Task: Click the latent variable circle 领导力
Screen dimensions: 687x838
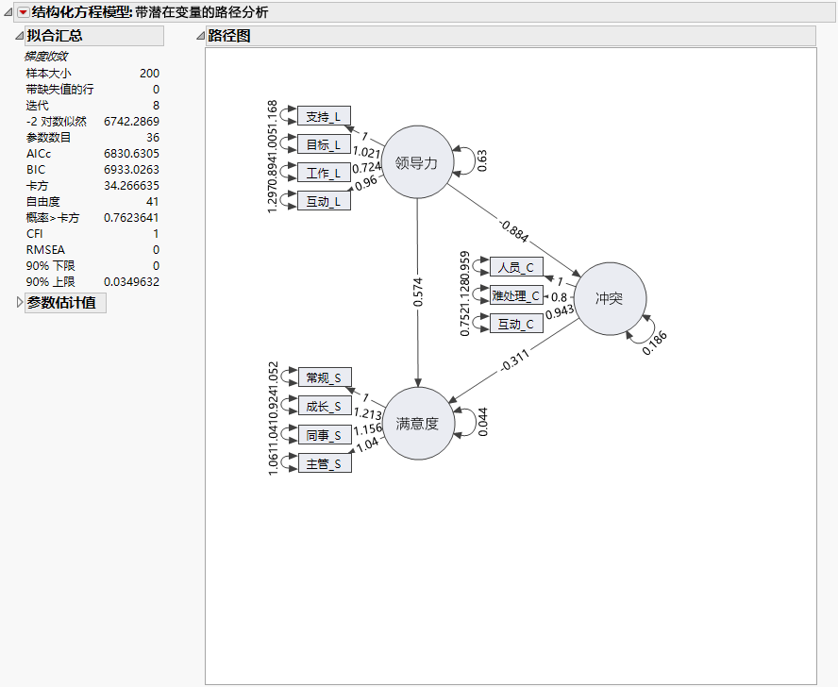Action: point(417,162)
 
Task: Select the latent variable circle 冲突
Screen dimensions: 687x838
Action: point(610,299)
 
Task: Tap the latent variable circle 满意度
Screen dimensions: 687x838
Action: point(417,424)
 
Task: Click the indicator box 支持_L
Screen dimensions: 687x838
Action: point(324,116)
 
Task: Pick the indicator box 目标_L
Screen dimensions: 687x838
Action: point(324,144)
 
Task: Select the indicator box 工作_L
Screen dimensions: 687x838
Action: point(324,173)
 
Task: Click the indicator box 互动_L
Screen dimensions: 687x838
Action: point(324,201)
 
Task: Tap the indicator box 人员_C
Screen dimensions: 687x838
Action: point(516,267)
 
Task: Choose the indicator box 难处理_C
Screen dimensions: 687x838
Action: point(516,295)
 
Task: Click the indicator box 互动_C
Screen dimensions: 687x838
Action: point(516,324)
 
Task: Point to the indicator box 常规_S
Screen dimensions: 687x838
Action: point(324,377)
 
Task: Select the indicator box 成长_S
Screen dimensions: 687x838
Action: point(324,406)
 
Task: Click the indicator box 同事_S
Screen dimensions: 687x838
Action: point(324,435)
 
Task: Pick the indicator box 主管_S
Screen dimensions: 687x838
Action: point(324,463)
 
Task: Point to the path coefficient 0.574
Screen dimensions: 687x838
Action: point(417,293)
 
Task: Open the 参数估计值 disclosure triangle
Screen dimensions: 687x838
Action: point(20,303)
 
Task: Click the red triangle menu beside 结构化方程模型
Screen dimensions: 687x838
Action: point(24,12)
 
